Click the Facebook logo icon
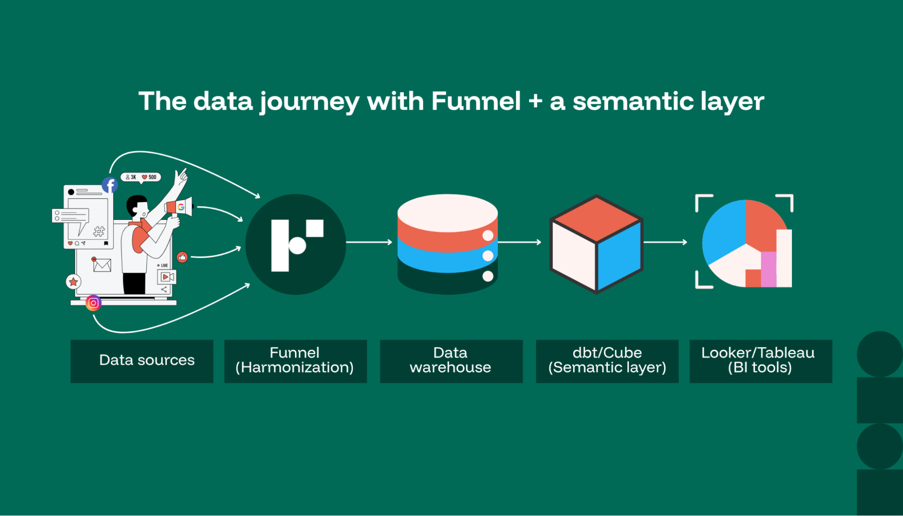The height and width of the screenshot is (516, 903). (110, 185)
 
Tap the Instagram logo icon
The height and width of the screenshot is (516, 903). (94, 303)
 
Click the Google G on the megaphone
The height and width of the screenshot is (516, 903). (181, 207)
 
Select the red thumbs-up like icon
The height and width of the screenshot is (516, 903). (182, 257)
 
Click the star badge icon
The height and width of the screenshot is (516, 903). (73, 282)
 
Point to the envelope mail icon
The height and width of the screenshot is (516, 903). (102, 265)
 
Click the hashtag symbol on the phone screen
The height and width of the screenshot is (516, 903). (99, 232)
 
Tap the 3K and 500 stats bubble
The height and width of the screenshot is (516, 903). (141, 177)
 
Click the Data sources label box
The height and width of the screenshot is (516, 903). (142, 361)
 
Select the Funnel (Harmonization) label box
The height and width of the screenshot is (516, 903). (295, 361)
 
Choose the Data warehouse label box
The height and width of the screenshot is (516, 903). (451, 361)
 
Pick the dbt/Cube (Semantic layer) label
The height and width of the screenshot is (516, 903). (607, 361)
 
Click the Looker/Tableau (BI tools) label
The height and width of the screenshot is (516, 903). (760, 361)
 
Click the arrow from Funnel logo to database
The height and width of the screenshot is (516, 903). (369, 242)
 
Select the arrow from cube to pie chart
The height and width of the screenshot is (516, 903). (665, 242)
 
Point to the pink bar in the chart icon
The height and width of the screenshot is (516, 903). (768, 269)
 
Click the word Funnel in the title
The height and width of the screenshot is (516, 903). (476, 101)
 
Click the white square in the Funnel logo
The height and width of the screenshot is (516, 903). (315, 228)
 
